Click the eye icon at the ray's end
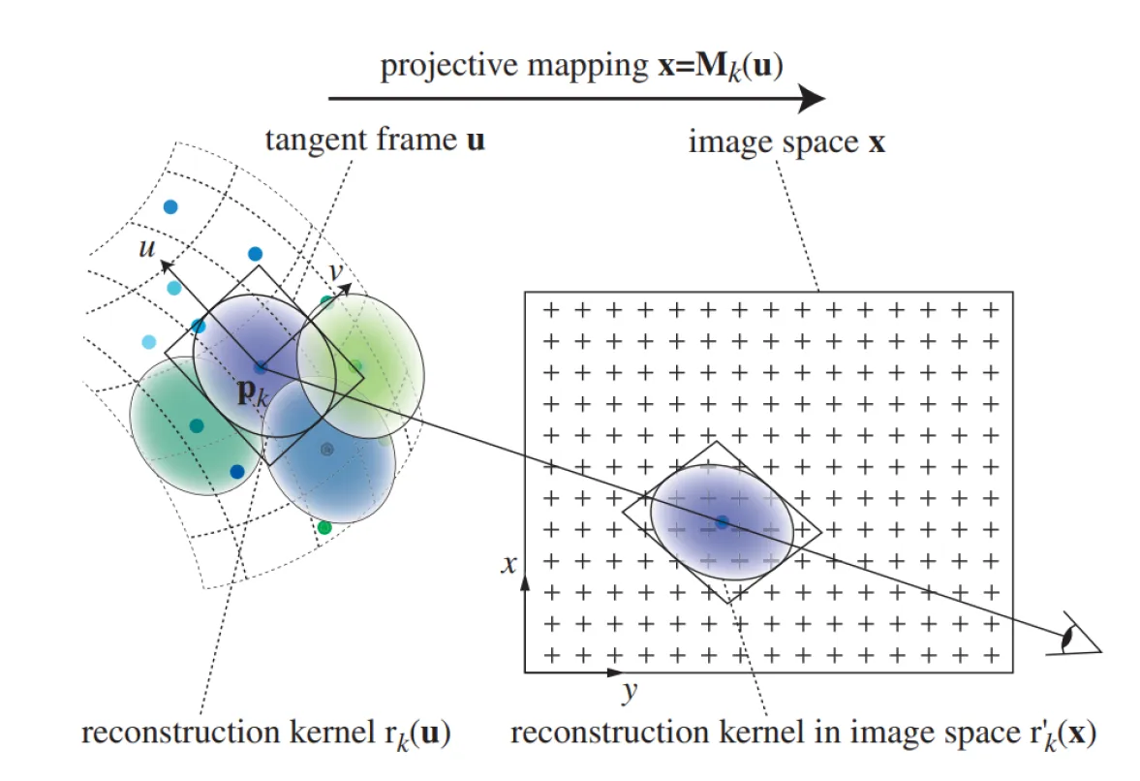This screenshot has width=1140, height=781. pos(1073,635)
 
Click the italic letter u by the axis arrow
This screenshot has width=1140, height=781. pos(146,248)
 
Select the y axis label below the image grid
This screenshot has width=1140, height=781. pos(629,692)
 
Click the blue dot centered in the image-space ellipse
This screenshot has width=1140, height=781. pos(722,522)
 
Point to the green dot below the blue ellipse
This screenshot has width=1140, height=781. pos(324,528)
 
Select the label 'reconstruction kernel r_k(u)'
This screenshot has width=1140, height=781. pos(266,734)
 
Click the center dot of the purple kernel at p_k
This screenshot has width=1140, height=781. pos(260,367)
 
